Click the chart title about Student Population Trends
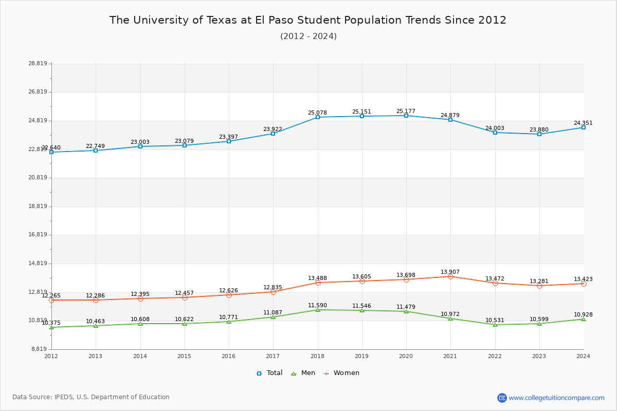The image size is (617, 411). pos(308,20)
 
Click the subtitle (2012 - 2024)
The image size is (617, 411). pos(308,36)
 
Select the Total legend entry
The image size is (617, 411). pos(270,373)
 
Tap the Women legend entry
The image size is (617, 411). pos(341,373)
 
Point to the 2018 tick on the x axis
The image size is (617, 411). pos(317,356)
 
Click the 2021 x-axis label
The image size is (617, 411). pos(450,356)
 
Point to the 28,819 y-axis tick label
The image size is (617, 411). pos(38,64)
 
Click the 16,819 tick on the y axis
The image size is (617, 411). pos(38,235)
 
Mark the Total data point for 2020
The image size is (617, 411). pos(406,116)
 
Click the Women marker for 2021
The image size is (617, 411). pos(450,276)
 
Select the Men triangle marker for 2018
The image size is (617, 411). pos(318,310)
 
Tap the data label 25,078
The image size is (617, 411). pos(317,113)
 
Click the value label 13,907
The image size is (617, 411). pos(450,272)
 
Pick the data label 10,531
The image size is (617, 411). pos(495,320)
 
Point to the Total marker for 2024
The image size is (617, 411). pos(584,127)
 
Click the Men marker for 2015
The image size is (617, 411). pos(185,324)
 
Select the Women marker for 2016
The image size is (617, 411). pos(229,295)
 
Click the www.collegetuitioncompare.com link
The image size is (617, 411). pos(556,398)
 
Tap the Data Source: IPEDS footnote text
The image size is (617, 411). pos(91,397)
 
